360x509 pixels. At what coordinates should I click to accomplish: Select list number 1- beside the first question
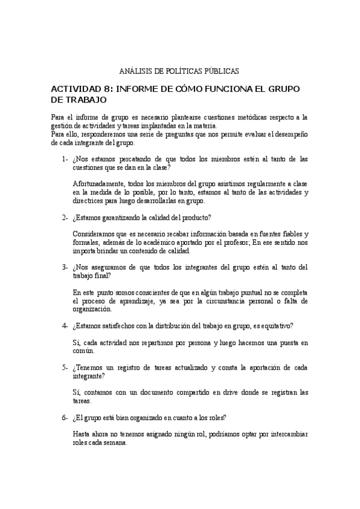click(64, 159)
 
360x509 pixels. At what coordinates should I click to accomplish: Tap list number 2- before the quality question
click(64, 217)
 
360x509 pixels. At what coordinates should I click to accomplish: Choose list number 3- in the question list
click(64, 267)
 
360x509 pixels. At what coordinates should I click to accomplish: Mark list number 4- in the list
click(64, 326)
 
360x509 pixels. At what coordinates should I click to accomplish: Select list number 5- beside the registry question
click(64, 367)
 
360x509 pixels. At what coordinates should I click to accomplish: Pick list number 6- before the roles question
click(64, 417)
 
